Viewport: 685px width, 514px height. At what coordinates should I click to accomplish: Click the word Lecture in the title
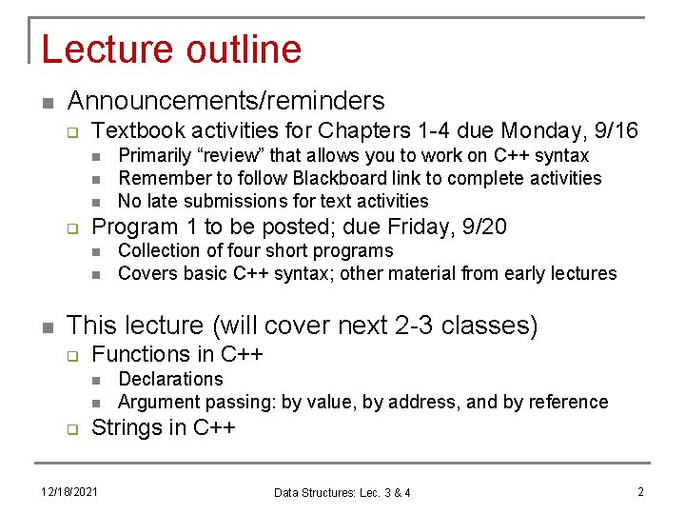coord(103,49)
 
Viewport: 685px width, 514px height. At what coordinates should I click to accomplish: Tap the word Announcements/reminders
coord(225,101)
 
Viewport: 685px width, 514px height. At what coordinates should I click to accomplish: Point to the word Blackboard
coord(335,178)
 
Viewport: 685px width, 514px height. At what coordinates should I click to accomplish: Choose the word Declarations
coord(170,379)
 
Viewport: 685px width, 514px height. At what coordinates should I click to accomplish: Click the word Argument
coord(158,402)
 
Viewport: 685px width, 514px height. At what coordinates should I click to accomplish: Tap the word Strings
coord(127,427)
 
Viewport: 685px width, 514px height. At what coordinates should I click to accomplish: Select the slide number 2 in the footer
coord(640,492)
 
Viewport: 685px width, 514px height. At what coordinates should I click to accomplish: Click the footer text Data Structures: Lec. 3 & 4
coord(342,492)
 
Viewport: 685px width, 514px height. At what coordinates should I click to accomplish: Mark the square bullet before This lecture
coord(47,326)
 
